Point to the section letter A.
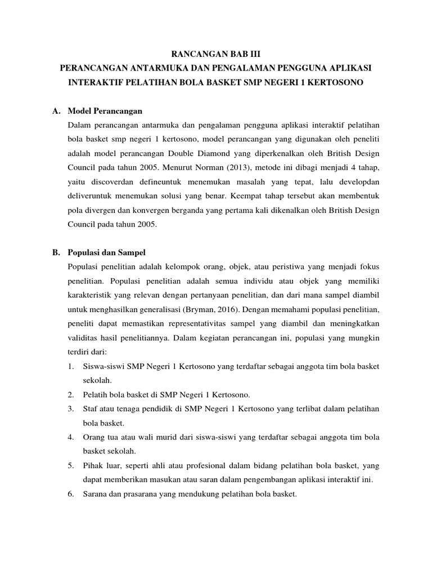[56, 110]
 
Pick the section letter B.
[56, 252]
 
